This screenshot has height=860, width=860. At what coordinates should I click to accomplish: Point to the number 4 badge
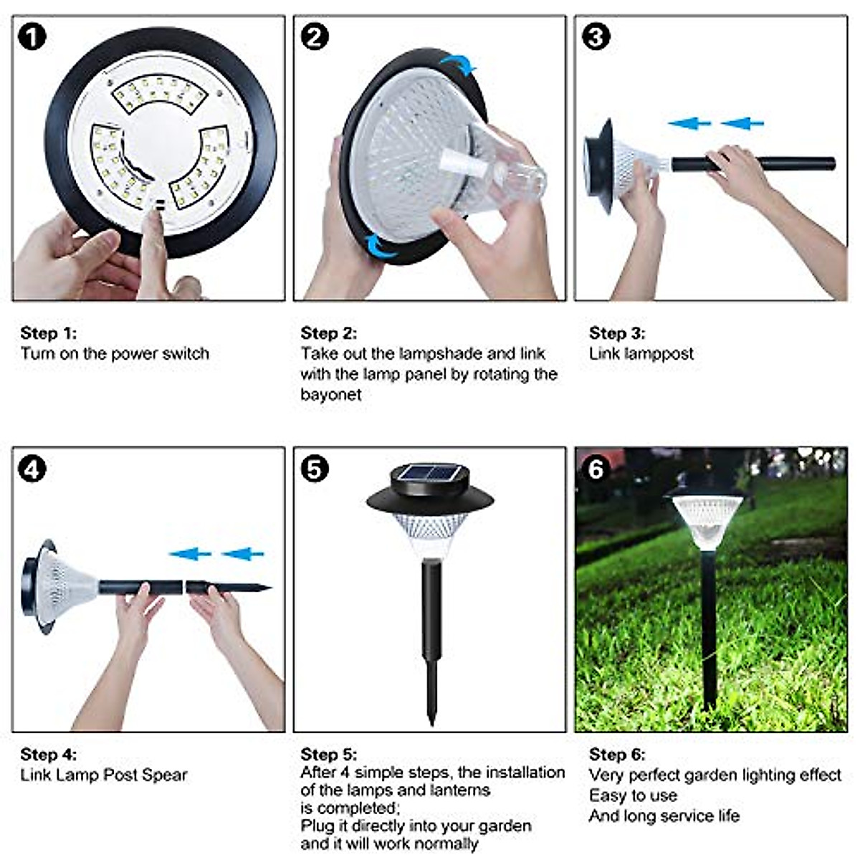pos(32,470)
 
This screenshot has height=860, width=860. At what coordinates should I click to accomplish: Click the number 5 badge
pos(314,470)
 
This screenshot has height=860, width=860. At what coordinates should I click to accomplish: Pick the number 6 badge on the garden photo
pos(596,469)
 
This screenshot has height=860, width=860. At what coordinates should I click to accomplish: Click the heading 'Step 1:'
pos(48,333)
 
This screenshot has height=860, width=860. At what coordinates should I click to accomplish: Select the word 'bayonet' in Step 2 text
pos(330,394)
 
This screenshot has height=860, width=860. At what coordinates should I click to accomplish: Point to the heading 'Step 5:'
pos(328,754)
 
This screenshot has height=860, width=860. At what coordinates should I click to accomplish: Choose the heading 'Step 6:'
pos(616,754)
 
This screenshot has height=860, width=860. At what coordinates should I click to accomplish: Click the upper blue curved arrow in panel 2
pos(459,66)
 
